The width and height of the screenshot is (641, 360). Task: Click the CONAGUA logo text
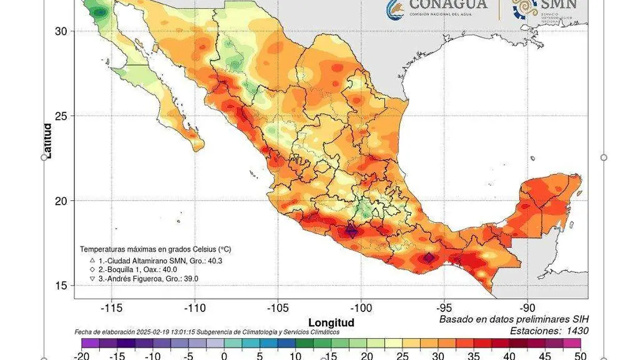pyautogui.click(x=448, y=5)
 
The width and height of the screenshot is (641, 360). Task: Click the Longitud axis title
pyautogui.click(x=331, y=323)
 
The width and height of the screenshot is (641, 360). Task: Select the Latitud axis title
pyautogui.click(x=48, y=141)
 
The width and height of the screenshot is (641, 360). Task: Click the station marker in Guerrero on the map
pyautogui.click(x=351, y=231)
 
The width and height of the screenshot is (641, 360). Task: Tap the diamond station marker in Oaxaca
pyautogui.click(x=429, y=258)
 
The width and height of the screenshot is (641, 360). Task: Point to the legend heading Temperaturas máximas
pyautogui.click(x=155, y=249)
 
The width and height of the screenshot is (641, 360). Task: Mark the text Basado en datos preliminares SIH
pyautogui.click(x=514, y=319)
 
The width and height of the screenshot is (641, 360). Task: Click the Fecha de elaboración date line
pyautogui.click(x=206, y=332)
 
